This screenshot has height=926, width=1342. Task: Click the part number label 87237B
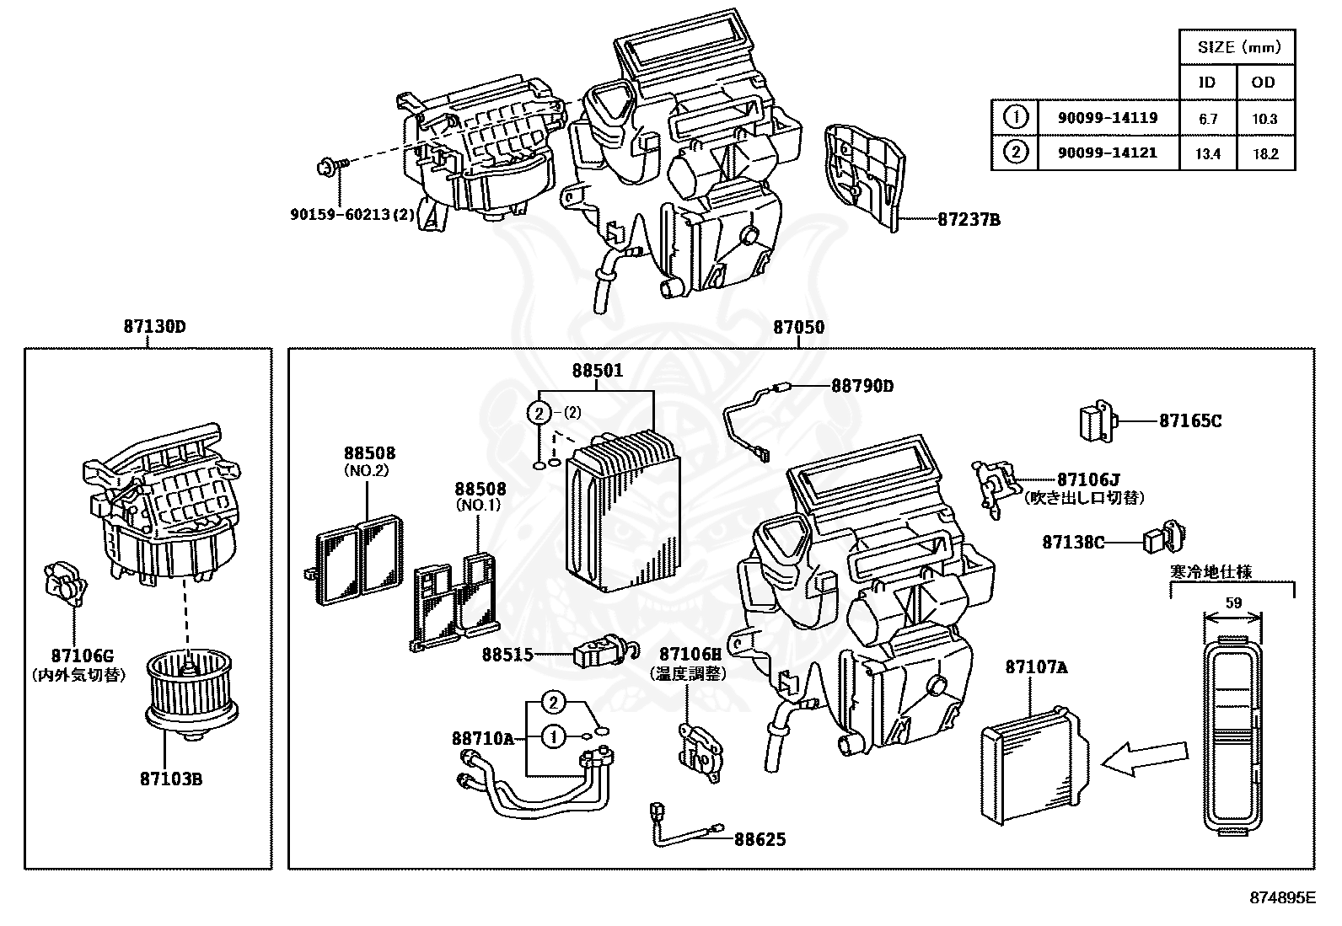(969, 220)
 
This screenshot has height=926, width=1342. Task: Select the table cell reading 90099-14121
(1107, 153)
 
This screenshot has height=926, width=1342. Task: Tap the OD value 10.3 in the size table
(1264, 119)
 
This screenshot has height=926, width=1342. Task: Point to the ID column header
(1207, 82)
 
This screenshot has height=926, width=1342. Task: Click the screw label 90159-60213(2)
(352, 214)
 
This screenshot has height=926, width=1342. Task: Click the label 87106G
(81, 656)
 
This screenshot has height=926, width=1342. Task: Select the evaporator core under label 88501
(624, 514)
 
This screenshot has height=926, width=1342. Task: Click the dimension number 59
(1233, 602)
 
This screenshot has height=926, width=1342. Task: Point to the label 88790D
(862, 386)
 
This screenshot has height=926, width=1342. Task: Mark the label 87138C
(1072, 542)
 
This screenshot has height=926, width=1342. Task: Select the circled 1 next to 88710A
(553, 737)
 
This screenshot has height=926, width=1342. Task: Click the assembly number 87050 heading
(798, 327)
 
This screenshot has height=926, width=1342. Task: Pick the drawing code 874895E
(1281, 897)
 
